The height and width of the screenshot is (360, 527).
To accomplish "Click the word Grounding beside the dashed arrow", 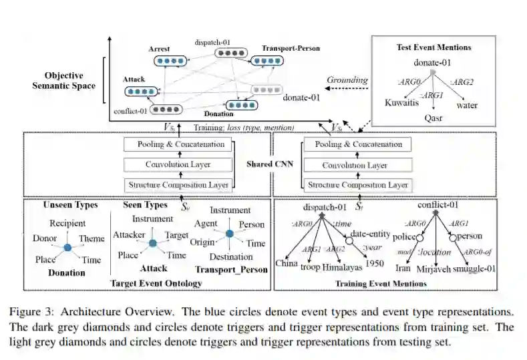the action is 347,80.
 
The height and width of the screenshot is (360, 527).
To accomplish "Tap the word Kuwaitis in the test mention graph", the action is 401,102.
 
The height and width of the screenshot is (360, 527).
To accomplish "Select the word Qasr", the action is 433,118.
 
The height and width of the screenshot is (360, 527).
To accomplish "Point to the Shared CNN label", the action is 270,164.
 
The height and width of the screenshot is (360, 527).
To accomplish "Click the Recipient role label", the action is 67,223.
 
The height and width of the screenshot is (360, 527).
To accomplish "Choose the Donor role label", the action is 45,238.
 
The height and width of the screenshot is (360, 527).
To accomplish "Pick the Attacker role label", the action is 129,234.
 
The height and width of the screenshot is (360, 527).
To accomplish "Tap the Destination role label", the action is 231,256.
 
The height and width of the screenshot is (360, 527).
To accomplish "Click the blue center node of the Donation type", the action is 67,248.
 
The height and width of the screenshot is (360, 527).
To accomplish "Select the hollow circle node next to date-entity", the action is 349,240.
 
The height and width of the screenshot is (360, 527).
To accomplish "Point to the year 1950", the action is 375,263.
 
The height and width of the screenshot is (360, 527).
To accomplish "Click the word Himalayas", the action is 342,268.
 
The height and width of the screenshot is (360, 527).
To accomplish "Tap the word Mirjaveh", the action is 433,269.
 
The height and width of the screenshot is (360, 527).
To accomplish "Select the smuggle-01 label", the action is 474,269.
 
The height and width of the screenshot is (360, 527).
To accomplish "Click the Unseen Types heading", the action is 70,204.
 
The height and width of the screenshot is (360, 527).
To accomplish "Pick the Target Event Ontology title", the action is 156,283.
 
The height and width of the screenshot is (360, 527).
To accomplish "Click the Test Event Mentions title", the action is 434,47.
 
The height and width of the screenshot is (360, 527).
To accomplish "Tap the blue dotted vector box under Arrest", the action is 170,61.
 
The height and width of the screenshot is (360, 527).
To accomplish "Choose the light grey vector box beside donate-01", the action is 267,89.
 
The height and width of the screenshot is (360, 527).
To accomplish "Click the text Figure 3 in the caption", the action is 31,313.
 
